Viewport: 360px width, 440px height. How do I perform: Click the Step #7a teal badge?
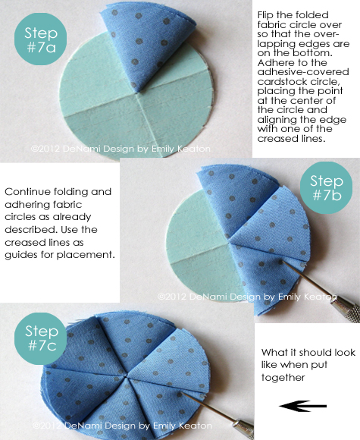[40, 39]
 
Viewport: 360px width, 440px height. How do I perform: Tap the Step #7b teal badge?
[326, 187]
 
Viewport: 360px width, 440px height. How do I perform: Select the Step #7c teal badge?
[40, 338]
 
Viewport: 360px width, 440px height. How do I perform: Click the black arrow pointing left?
[303, 406]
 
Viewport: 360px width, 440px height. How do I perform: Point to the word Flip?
[265, 15]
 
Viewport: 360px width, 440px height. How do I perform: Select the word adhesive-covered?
[303, 72]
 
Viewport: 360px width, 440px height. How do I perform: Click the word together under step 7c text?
[283, 378]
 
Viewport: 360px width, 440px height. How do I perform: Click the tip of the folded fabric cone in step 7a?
[137, 90]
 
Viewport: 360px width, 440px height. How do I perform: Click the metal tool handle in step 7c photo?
[243, 429]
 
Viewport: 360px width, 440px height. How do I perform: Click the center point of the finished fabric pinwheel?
[127, 376]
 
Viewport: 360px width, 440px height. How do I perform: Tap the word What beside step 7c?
[271, 352]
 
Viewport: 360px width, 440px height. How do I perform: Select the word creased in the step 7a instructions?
[274, 138]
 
